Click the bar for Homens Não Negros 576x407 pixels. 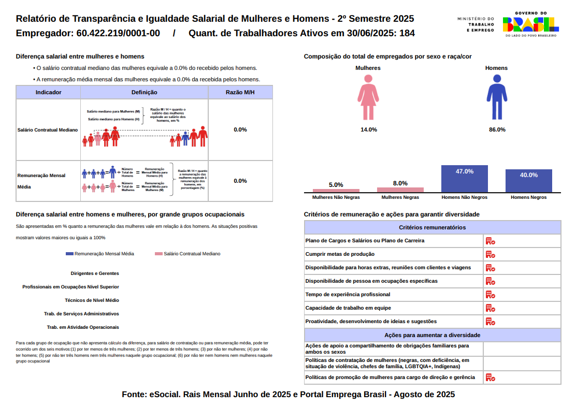click(464, 179)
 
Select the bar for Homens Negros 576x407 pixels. click(528, 181)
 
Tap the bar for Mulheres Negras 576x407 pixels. click(400, 190)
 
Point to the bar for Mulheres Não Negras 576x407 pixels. click(336, 191)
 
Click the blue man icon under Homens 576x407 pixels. click(496, 97)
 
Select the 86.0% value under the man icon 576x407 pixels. click(497, 129)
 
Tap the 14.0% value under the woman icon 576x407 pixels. click(368, 129)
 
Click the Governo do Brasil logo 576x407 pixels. click(530, 24)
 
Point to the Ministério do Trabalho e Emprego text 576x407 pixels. click(476, 24)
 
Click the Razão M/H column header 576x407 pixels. click(240, 92)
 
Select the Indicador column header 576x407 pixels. click(49, 92)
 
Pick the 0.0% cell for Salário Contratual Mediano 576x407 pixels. click(240, 129)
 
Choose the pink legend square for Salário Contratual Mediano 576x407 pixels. click(159, 254)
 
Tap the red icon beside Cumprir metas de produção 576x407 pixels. click(490, 254)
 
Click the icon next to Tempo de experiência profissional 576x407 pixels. click(490, 295)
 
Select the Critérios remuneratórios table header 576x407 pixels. click(432, 227)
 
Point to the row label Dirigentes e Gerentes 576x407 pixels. click(95, 273)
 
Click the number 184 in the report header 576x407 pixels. click(407, 34)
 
